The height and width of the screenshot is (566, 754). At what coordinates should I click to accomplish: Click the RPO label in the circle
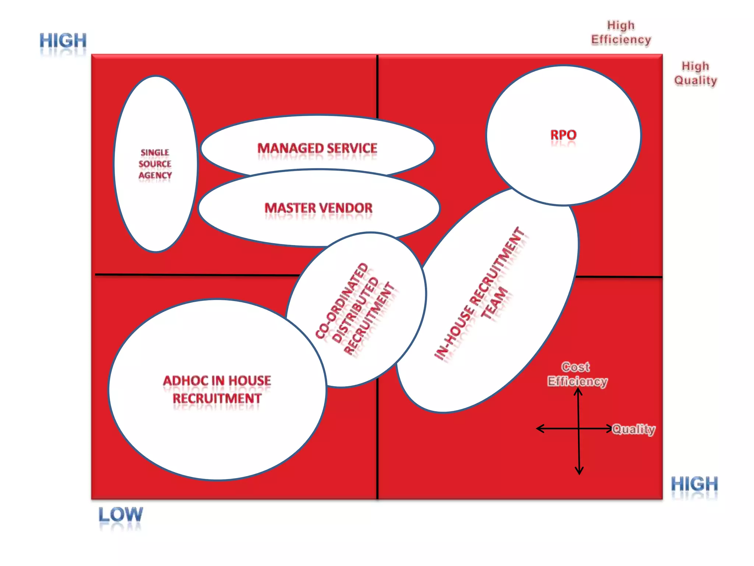point(563,135)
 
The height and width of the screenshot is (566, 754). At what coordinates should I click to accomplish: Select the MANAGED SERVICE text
point(317,148)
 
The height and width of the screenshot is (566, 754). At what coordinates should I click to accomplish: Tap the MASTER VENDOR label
point(318,208)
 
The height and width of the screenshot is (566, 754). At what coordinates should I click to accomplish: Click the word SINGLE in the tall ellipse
point(155,153)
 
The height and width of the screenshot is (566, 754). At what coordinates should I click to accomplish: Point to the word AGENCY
point(155,175)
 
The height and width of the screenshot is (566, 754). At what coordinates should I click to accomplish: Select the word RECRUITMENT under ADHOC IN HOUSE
point(217,399)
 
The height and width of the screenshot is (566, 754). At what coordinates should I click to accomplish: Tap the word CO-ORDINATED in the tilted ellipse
point(342,300)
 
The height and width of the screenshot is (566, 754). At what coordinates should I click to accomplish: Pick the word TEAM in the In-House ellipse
point(494,303)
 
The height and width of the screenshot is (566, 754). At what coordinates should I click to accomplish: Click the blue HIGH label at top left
point(63,41)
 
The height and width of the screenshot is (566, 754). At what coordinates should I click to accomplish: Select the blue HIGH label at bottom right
point(694,484)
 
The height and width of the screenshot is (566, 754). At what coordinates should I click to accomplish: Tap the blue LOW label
point(120,514)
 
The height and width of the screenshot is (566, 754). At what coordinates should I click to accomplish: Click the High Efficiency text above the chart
point(621,32)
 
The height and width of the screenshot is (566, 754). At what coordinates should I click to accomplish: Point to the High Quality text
point(695,73)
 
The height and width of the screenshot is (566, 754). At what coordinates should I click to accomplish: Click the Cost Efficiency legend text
point(577,374)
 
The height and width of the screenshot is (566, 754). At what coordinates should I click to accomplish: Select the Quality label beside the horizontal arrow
point(634,429)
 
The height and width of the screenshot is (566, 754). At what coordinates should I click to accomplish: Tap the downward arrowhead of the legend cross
point(579,471)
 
